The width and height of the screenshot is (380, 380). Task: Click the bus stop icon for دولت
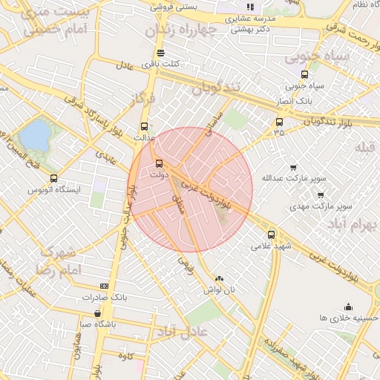[x=159, y=163]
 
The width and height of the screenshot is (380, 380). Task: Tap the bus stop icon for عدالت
[x=144, y=125]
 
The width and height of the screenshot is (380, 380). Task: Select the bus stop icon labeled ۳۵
[x=279, y=122]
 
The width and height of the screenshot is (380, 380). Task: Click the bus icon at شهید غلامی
[x=271, y=234]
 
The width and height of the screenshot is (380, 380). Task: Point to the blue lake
[x=35, y=135]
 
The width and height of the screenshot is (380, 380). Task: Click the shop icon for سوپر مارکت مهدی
[x=321, y=195]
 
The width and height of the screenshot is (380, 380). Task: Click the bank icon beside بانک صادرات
[x=104, y=286]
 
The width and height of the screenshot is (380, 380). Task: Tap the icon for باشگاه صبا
[x=98, y=313]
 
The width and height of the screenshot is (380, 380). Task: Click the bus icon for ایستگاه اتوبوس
[x=53, y=178]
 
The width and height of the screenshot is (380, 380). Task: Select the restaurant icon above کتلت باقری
[x=161, y=52]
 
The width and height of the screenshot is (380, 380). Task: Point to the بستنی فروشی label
[x=175, y=7]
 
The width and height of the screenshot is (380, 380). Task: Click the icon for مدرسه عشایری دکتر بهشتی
[x=250, y=7]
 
